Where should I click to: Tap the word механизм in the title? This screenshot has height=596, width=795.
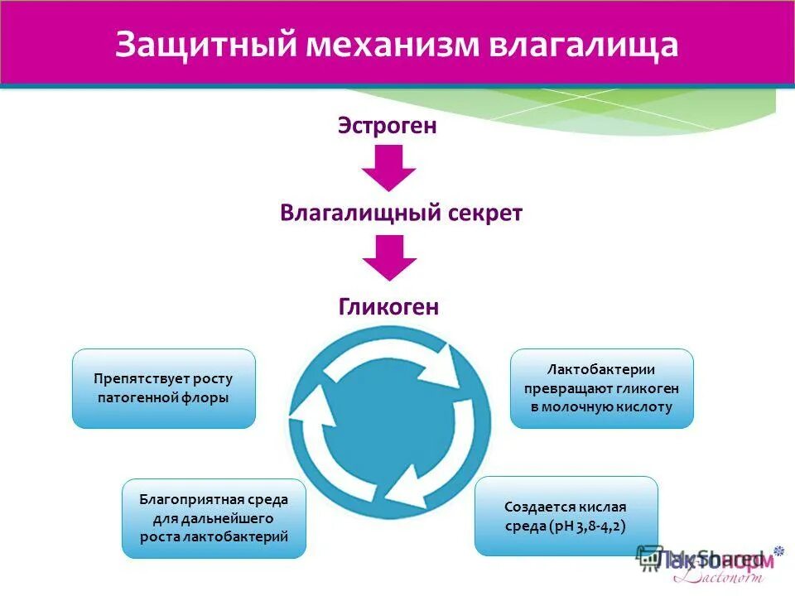tap(403, 45)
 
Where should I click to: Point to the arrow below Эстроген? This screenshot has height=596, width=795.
tap(388, 168)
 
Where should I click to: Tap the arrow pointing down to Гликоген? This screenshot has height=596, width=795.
tap(388, 257)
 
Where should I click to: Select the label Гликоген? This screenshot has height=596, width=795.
tap(388, 307)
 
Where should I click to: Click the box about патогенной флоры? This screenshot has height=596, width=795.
tap(164, 388)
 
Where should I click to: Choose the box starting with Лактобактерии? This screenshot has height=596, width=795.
tap(601, 388)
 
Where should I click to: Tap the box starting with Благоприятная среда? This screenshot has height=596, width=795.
tap(214, 518)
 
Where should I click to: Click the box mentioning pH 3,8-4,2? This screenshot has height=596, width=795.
tap(566, 516)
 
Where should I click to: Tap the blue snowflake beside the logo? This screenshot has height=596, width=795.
tap(778, 550)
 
